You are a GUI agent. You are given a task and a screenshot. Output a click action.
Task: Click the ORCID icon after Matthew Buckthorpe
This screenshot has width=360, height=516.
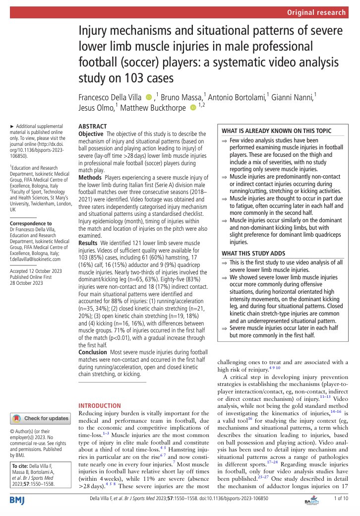[193, 109]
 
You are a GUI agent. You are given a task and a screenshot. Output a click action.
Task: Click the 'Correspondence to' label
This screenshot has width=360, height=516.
[31, 223]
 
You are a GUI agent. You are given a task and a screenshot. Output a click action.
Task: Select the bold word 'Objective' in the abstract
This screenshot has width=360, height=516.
[92, 134]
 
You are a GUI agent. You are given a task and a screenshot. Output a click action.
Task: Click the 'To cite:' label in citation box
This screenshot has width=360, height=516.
[21, 466]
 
